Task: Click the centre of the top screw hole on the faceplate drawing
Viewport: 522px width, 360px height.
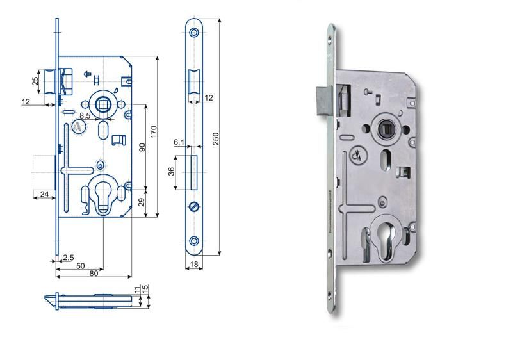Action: [194, 33]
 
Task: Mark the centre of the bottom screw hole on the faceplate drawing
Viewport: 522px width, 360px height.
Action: [194, 240]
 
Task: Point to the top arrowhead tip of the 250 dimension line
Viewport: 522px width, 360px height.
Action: [219, 19]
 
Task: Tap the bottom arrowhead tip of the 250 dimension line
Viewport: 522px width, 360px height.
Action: [219, 255]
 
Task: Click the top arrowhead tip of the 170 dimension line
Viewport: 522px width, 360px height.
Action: [158, 56]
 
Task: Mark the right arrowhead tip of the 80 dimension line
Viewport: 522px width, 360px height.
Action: [132, 277]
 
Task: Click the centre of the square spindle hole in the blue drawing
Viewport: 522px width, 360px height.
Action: [101, 104]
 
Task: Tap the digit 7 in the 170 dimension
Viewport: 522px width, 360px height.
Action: [153, 132]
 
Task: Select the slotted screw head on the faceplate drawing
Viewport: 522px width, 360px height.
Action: [194, 207]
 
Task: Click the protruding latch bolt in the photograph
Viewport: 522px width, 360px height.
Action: [324, 100]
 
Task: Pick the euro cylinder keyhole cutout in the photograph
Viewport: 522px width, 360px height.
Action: [386, 238]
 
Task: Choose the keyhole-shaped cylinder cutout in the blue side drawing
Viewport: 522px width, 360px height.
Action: [104, 195]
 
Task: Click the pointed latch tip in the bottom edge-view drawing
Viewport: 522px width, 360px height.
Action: [45, 297]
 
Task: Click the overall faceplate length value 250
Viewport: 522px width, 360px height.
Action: [216, 138]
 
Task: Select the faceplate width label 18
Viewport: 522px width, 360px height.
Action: [194, 265]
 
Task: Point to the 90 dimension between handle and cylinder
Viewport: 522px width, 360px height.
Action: [142, 147]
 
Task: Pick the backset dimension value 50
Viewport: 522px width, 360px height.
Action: [81, 266]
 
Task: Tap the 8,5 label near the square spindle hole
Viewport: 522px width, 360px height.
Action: [85, 115]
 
